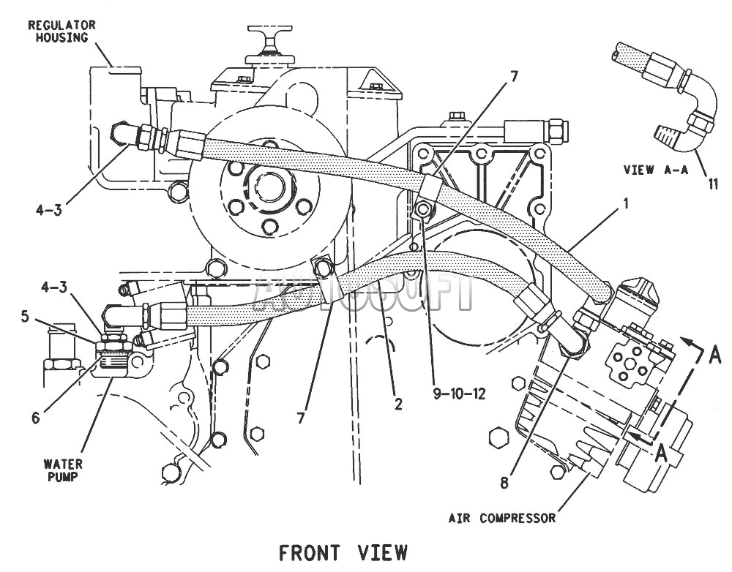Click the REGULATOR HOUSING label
click(x=61, y=31)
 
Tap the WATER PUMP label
click(x=63, y=470)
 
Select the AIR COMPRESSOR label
click(x=502, y=518)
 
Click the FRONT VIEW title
click(x=343, y=553)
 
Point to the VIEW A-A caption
click(x=656, y=170)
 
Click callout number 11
click(x=713, y=184)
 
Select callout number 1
click(x=626, y=203)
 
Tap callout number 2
click(x=398, y=404)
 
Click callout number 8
click(x=504, y=483)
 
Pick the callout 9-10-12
click(x=460, y=394)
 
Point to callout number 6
click(x=35, y=418)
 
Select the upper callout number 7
click(x=513, y=77)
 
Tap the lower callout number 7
click(x=301, y=418)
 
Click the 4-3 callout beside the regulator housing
click(x=48, y=210)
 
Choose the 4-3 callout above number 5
click(x=53, y=287)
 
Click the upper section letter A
click(x=714, y=355)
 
